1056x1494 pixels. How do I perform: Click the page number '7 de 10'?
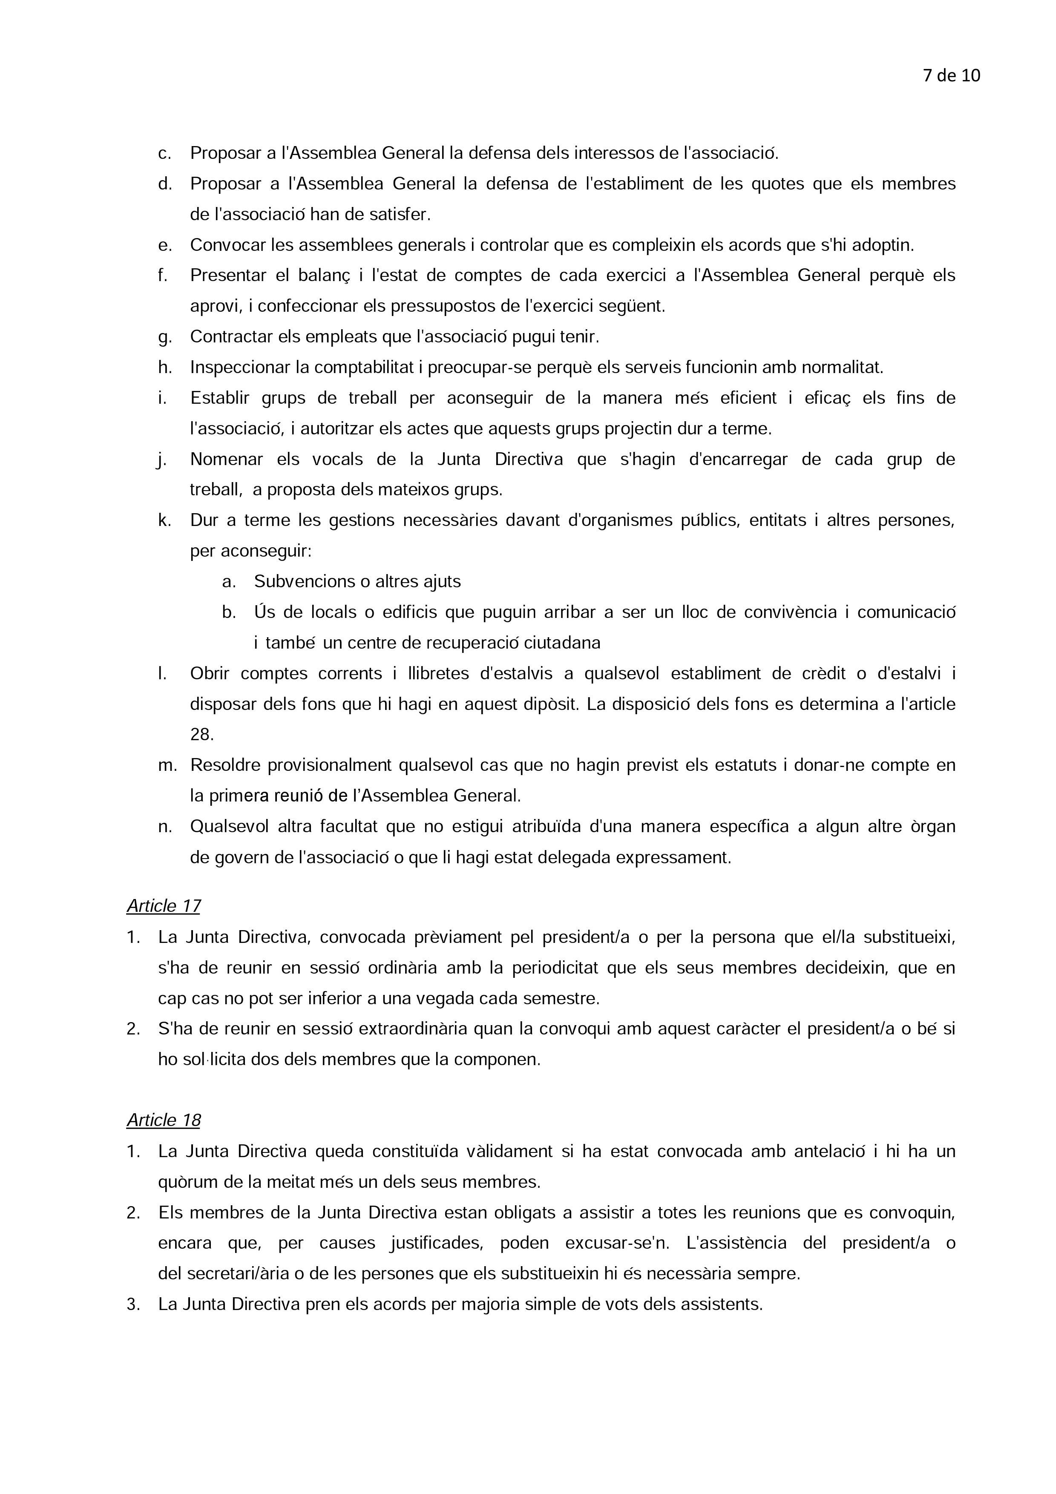[x=951, y=76]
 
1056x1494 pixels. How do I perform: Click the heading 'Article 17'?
[x=163, y=906]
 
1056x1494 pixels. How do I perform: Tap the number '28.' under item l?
[x=201, y=735]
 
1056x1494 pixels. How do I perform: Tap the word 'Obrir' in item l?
[x=209, y=673]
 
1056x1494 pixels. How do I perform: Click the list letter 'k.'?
[x=164, y=520]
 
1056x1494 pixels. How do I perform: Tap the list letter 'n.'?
[x=164, y=827]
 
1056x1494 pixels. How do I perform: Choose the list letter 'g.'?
[x=164, y=337]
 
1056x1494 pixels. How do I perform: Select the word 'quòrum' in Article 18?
[x=184, y=1182]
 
